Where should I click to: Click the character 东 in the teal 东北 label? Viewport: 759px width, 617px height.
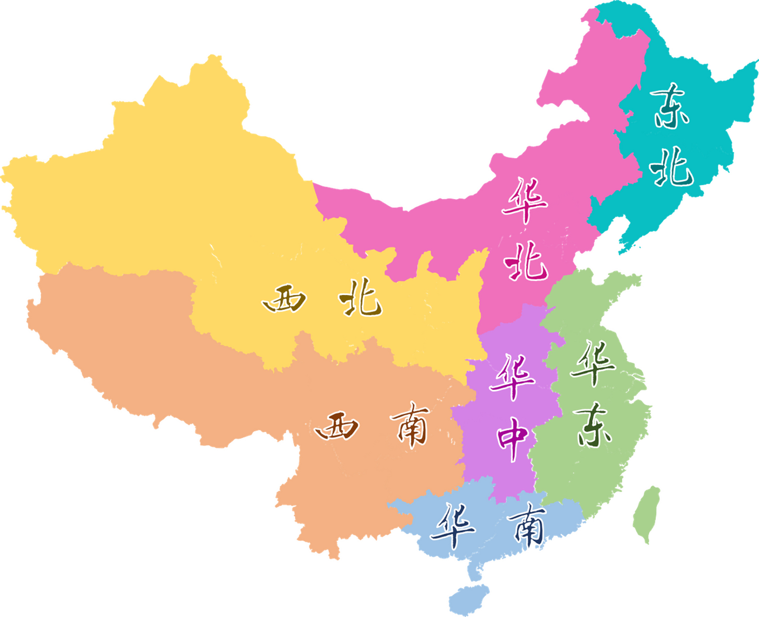[x=670, y=106]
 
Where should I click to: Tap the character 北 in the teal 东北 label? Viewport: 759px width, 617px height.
[x=671, y=167]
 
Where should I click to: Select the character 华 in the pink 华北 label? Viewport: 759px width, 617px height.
[x=525, y=201]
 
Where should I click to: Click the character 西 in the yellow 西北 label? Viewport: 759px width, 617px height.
[x=285, y=299]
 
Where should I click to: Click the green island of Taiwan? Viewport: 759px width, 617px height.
[x=646, y=513]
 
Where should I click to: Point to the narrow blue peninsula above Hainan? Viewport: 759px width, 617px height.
[x=474, y=571]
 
